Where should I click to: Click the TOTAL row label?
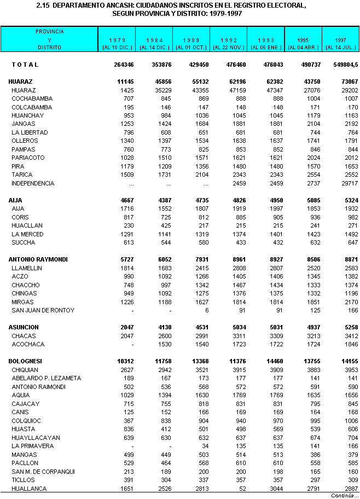tap(25, 65)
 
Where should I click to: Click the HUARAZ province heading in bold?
tap(21, 82)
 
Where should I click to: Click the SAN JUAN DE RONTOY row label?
tap(43, 310)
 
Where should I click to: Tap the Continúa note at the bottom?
tap(345, 495)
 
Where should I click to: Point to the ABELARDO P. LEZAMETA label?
tap(46, 378)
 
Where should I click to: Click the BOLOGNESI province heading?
tap(26, 361)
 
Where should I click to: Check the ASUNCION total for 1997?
tap(349, 327)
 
